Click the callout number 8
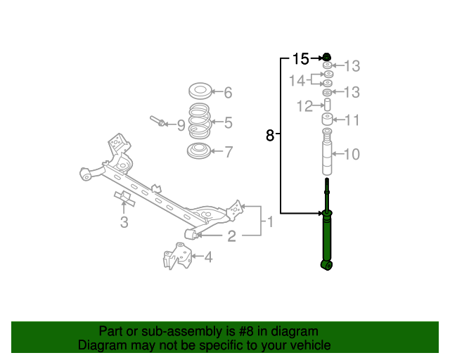[270, 135]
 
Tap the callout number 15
[300, 59]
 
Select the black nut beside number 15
[327, 57]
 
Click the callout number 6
[228, 93]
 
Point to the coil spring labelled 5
[199, 120]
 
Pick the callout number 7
[229, 152]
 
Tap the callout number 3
[124, 222]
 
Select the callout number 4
[209, 257]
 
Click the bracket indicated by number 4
[176, 256]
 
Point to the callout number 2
[231, 236]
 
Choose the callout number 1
[270, 222]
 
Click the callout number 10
[352, 154]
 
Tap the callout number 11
[352, 120]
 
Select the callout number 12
[304, 106]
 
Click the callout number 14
[297, 81]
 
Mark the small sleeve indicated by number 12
[327, 105]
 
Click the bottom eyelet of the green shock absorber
[326, 265]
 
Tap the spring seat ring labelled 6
[200, 90]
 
